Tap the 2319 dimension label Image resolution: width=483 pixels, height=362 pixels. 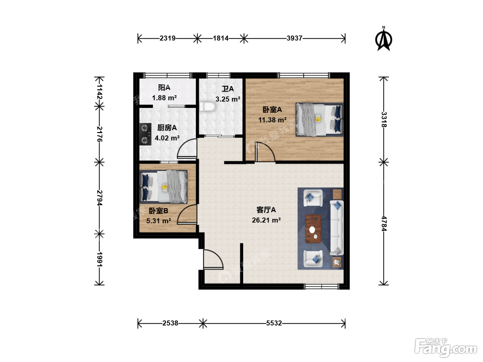pyautogui.click(x=167, y=38)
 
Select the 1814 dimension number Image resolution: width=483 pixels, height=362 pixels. pyautogui.click(x=220, y=38)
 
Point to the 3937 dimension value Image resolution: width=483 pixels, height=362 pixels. pyautogui.click(x=294, y=38)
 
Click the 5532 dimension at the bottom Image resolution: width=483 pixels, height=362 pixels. pyautogui.click(x=274, y=323)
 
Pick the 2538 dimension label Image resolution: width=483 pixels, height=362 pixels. pyautogui.click(x=170, y=323)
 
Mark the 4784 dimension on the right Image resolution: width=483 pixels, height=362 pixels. pyautogui.click(x=384, y=223)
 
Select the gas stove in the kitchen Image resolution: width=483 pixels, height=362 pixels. pyautogui.click(x=145, y=134)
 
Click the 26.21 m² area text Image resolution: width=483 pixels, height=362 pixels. pyautogui.click(x=266, y=220)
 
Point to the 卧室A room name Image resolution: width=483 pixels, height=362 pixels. pyautogui.click(x=272, y=109)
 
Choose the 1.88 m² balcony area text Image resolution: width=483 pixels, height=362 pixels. pyautogui.click(x=164, y=98)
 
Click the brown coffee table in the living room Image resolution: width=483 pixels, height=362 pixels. pyautogui.click(x=313, y=229)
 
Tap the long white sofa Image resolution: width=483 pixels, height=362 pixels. pyautogui.click(x=336, y=228)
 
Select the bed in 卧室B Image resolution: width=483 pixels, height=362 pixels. pyautogui.click(x=163, y=187)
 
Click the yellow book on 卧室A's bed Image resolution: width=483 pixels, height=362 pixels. pyautogui.click(x=318, y=118)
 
